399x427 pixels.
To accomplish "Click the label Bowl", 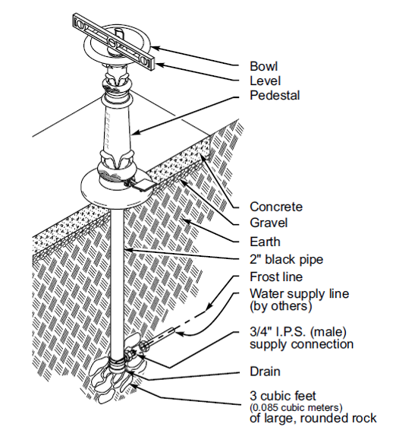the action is tap(264, 66).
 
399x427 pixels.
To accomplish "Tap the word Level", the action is tap(265, 81).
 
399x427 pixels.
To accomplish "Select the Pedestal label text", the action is tap(275, 95).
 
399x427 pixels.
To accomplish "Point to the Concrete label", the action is tap(276, 207).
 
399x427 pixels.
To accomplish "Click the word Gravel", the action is tap(269, 223).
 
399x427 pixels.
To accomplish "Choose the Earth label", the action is tap(265, 242).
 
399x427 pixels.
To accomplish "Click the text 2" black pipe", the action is tap(287, 259).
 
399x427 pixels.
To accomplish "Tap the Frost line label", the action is tap(276, 277).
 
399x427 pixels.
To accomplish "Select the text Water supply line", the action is tap(299, 294).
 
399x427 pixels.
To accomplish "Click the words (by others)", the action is tap(281, 306).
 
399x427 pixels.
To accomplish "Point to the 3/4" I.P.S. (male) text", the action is tap(298, 332).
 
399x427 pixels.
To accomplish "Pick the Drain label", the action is tap(265, 372).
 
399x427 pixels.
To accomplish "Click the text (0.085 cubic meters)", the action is tap(296, 408).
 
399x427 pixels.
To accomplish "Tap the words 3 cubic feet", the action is tap(283, 396).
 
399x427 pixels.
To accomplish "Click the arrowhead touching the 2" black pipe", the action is tap(127, 249).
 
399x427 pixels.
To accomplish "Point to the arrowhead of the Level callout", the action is tap(160, 65).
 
